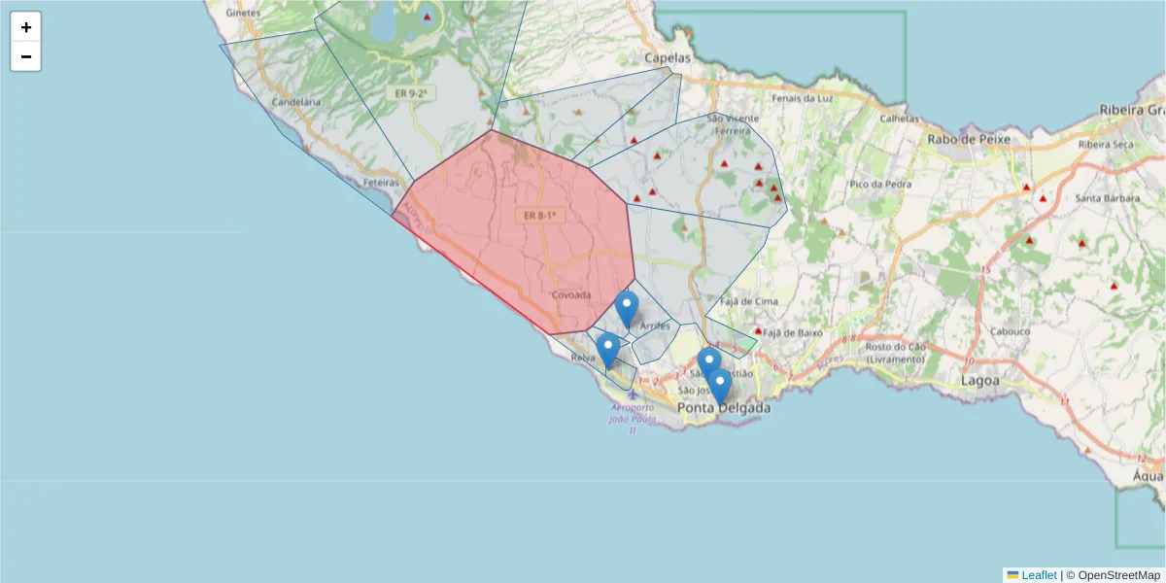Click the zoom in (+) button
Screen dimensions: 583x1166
click(26, 27)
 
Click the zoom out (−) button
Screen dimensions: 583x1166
click(26, 56)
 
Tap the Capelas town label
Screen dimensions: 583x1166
click(668, 58)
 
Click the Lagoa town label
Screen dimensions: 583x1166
click(979, 381)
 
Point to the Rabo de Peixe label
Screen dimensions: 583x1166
click(969, 139)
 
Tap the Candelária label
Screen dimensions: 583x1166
click(296, 101)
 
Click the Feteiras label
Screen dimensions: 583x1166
click(381, 183)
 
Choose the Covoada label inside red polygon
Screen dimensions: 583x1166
click(571, 294)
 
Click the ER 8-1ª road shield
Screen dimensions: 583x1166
click(539, 215)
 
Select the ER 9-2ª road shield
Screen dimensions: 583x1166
click(411, 93)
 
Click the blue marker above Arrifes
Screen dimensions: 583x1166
click(627, 309)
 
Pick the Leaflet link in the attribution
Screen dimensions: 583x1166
click(1039, 575)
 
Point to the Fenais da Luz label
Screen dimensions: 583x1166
click(803, 98)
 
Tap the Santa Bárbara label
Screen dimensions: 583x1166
click(1107, 199)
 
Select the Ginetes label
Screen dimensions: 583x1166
click(242, 13)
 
